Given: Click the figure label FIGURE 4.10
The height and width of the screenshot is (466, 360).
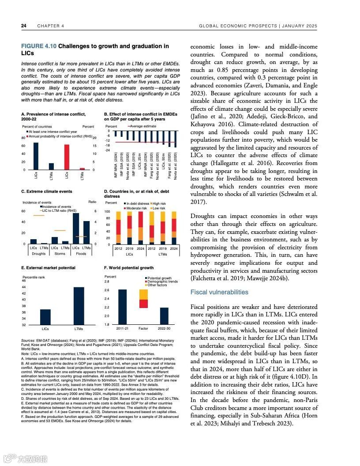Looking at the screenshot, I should coord(39,46).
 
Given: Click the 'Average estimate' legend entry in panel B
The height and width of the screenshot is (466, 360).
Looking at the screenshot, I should coord(143,126).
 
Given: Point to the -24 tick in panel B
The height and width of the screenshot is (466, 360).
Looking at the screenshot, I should coord(107,150).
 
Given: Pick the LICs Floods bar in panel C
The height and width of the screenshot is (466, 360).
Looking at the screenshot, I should coord(76,229).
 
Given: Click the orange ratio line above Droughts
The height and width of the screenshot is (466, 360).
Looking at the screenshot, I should coord(38,215).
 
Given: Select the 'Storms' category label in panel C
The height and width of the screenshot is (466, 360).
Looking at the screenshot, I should coord(60,254).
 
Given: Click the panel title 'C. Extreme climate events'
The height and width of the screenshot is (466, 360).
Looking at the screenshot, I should coord(47,192).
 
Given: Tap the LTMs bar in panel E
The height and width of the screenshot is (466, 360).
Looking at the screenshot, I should coord(79,306).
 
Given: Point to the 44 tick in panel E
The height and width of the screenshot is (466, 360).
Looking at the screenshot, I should coord(23,287).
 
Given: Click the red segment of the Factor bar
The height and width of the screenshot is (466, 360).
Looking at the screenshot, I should coord(143,304).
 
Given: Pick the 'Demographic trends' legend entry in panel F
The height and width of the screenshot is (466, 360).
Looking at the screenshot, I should coord(162,282).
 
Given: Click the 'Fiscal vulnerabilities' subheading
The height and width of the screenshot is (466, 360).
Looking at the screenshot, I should coord(219,292).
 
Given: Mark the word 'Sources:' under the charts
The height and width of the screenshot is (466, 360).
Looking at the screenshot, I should coord(28,341).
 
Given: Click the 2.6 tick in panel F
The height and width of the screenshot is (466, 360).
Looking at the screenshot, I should coord(107,290).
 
